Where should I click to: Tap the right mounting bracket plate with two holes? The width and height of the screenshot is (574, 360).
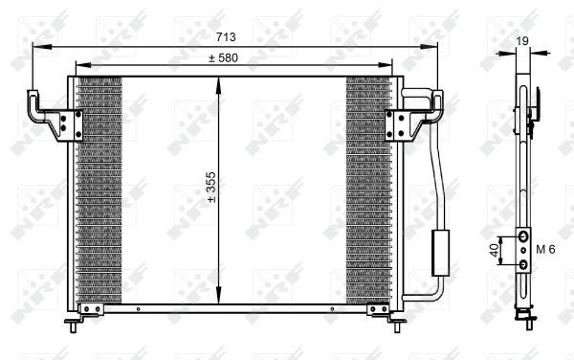tap(396, 125)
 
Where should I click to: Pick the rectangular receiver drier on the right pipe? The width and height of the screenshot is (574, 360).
tap(442, 252)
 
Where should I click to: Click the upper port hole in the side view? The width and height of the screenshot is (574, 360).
tap(523, 236)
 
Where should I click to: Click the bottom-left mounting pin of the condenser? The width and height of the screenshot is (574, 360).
tap(74, 327)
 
